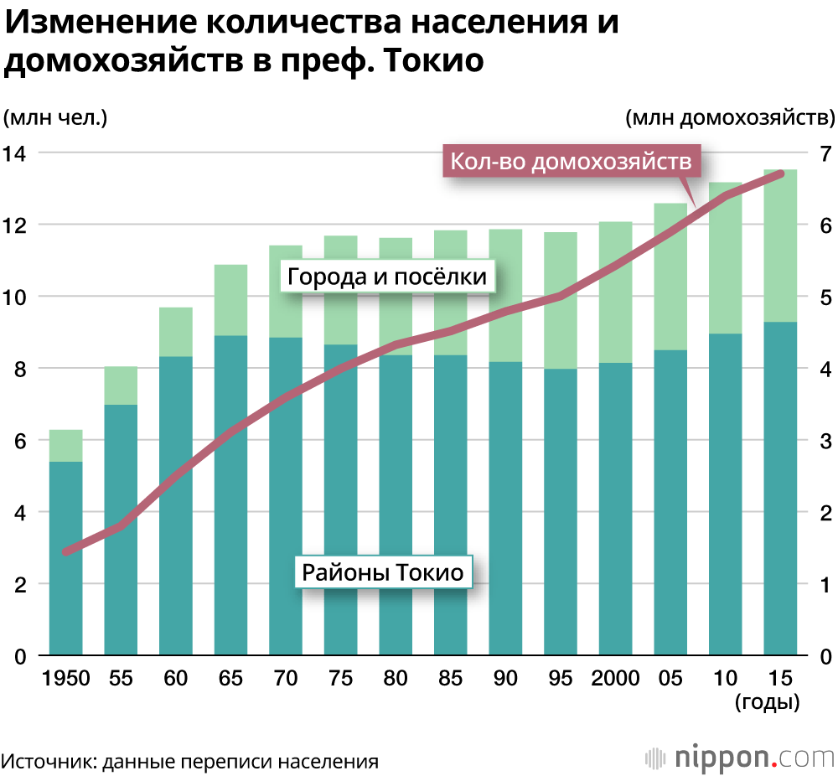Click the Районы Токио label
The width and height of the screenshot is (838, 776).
coord(382,573)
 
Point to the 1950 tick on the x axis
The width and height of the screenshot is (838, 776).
coord(66,678)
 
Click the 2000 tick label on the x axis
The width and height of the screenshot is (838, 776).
coord(616,678)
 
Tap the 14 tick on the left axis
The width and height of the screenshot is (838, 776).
coord(16,153)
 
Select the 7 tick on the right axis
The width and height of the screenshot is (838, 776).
coord(825,153)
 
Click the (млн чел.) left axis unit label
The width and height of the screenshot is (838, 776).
coord(56,117)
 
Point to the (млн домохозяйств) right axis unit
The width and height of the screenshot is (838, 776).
coord(729,117)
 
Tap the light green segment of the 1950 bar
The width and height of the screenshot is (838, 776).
coord(66,445)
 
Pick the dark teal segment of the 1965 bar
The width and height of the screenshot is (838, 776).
coord(231,494)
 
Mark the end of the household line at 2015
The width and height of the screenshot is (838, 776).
coord(780,173)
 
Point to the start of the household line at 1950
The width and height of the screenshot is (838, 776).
coord(66,551)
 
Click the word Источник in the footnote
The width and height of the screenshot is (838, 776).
coord(46,762)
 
